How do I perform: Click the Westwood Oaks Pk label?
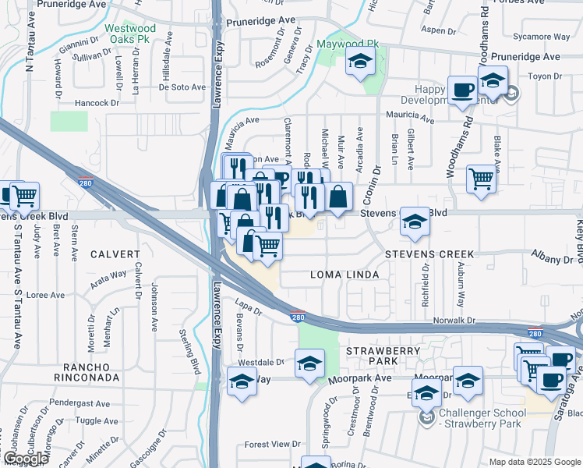point(131,34)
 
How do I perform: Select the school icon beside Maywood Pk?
point(359,62)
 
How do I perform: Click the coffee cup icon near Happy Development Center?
point(462,89)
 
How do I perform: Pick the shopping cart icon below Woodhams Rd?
point(482,179)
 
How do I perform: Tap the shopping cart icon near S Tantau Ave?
point(23,195)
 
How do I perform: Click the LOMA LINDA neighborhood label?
point(344,275)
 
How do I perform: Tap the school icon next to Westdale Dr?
point(309,363)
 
